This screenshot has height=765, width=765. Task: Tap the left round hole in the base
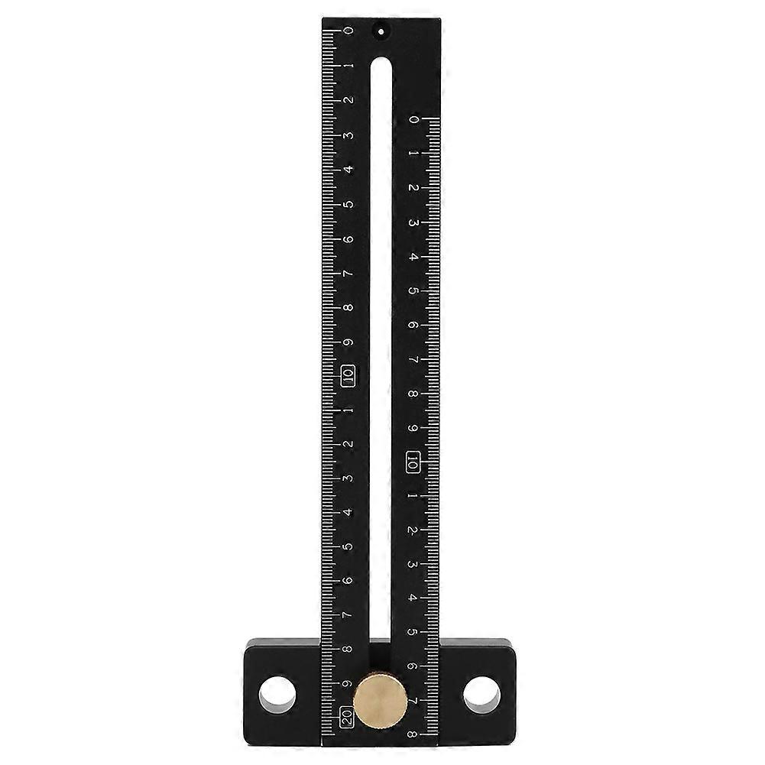[277, 694]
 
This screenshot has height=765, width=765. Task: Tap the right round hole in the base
[481, 694]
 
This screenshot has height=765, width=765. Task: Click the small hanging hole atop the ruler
[379, 31]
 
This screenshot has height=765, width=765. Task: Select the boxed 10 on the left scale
[348, 375]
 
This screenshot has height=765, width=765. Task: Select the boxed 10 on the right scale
[413, 462]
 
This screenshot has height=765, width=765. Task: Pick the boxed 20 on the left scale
[347, 717]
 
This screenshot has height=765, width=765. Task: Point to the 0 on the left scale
[348, 31]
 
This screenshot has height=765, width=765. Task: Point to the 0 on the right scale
[413, 119]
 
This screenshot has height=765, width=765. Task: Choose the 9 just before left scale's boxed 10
[348, 342]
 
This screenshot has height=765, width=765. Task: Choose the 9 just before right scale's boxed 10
[413, 428]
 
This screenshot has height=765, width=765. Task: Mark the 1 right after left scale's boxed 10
[348, 410]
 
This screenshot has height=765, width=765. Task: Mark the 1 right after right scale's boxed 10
[413, 496]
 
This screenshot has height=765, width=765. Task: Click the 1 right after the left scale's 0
[348, 66]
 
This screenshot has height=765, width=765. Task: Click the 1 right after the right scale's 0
[413, 154]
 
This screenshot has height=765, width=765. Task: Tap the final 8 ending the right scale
[413, 735]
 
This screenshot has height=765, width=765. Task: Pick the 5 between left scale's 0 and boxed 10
[348, 205]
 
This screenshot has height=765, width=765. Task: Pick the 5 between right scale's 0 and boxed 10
[413, 291]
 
